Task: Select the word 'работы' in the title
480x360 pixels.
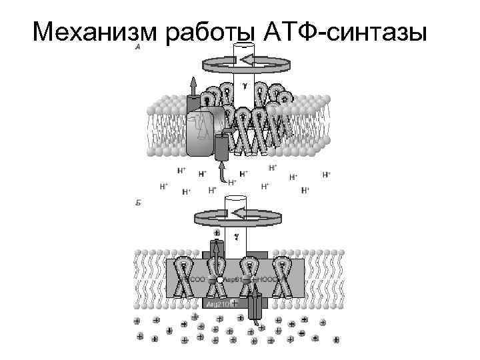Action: [x=213, y=31]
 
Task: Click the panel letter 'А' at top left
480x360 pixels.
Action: [x=137, y=49]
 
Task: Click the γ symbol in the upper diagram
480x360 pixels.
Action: [x=244, y=86]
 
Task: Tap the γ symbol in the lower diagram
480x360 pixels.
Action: [x=236, y=235]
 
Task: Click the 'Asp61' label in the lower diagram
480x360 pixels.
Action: [x=233, y=279]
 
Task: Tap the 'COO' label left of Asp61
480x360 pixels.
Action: [x=199, y=279]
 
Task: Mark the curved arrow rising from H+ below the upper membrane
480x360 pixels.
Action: [x=222, y=172]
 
